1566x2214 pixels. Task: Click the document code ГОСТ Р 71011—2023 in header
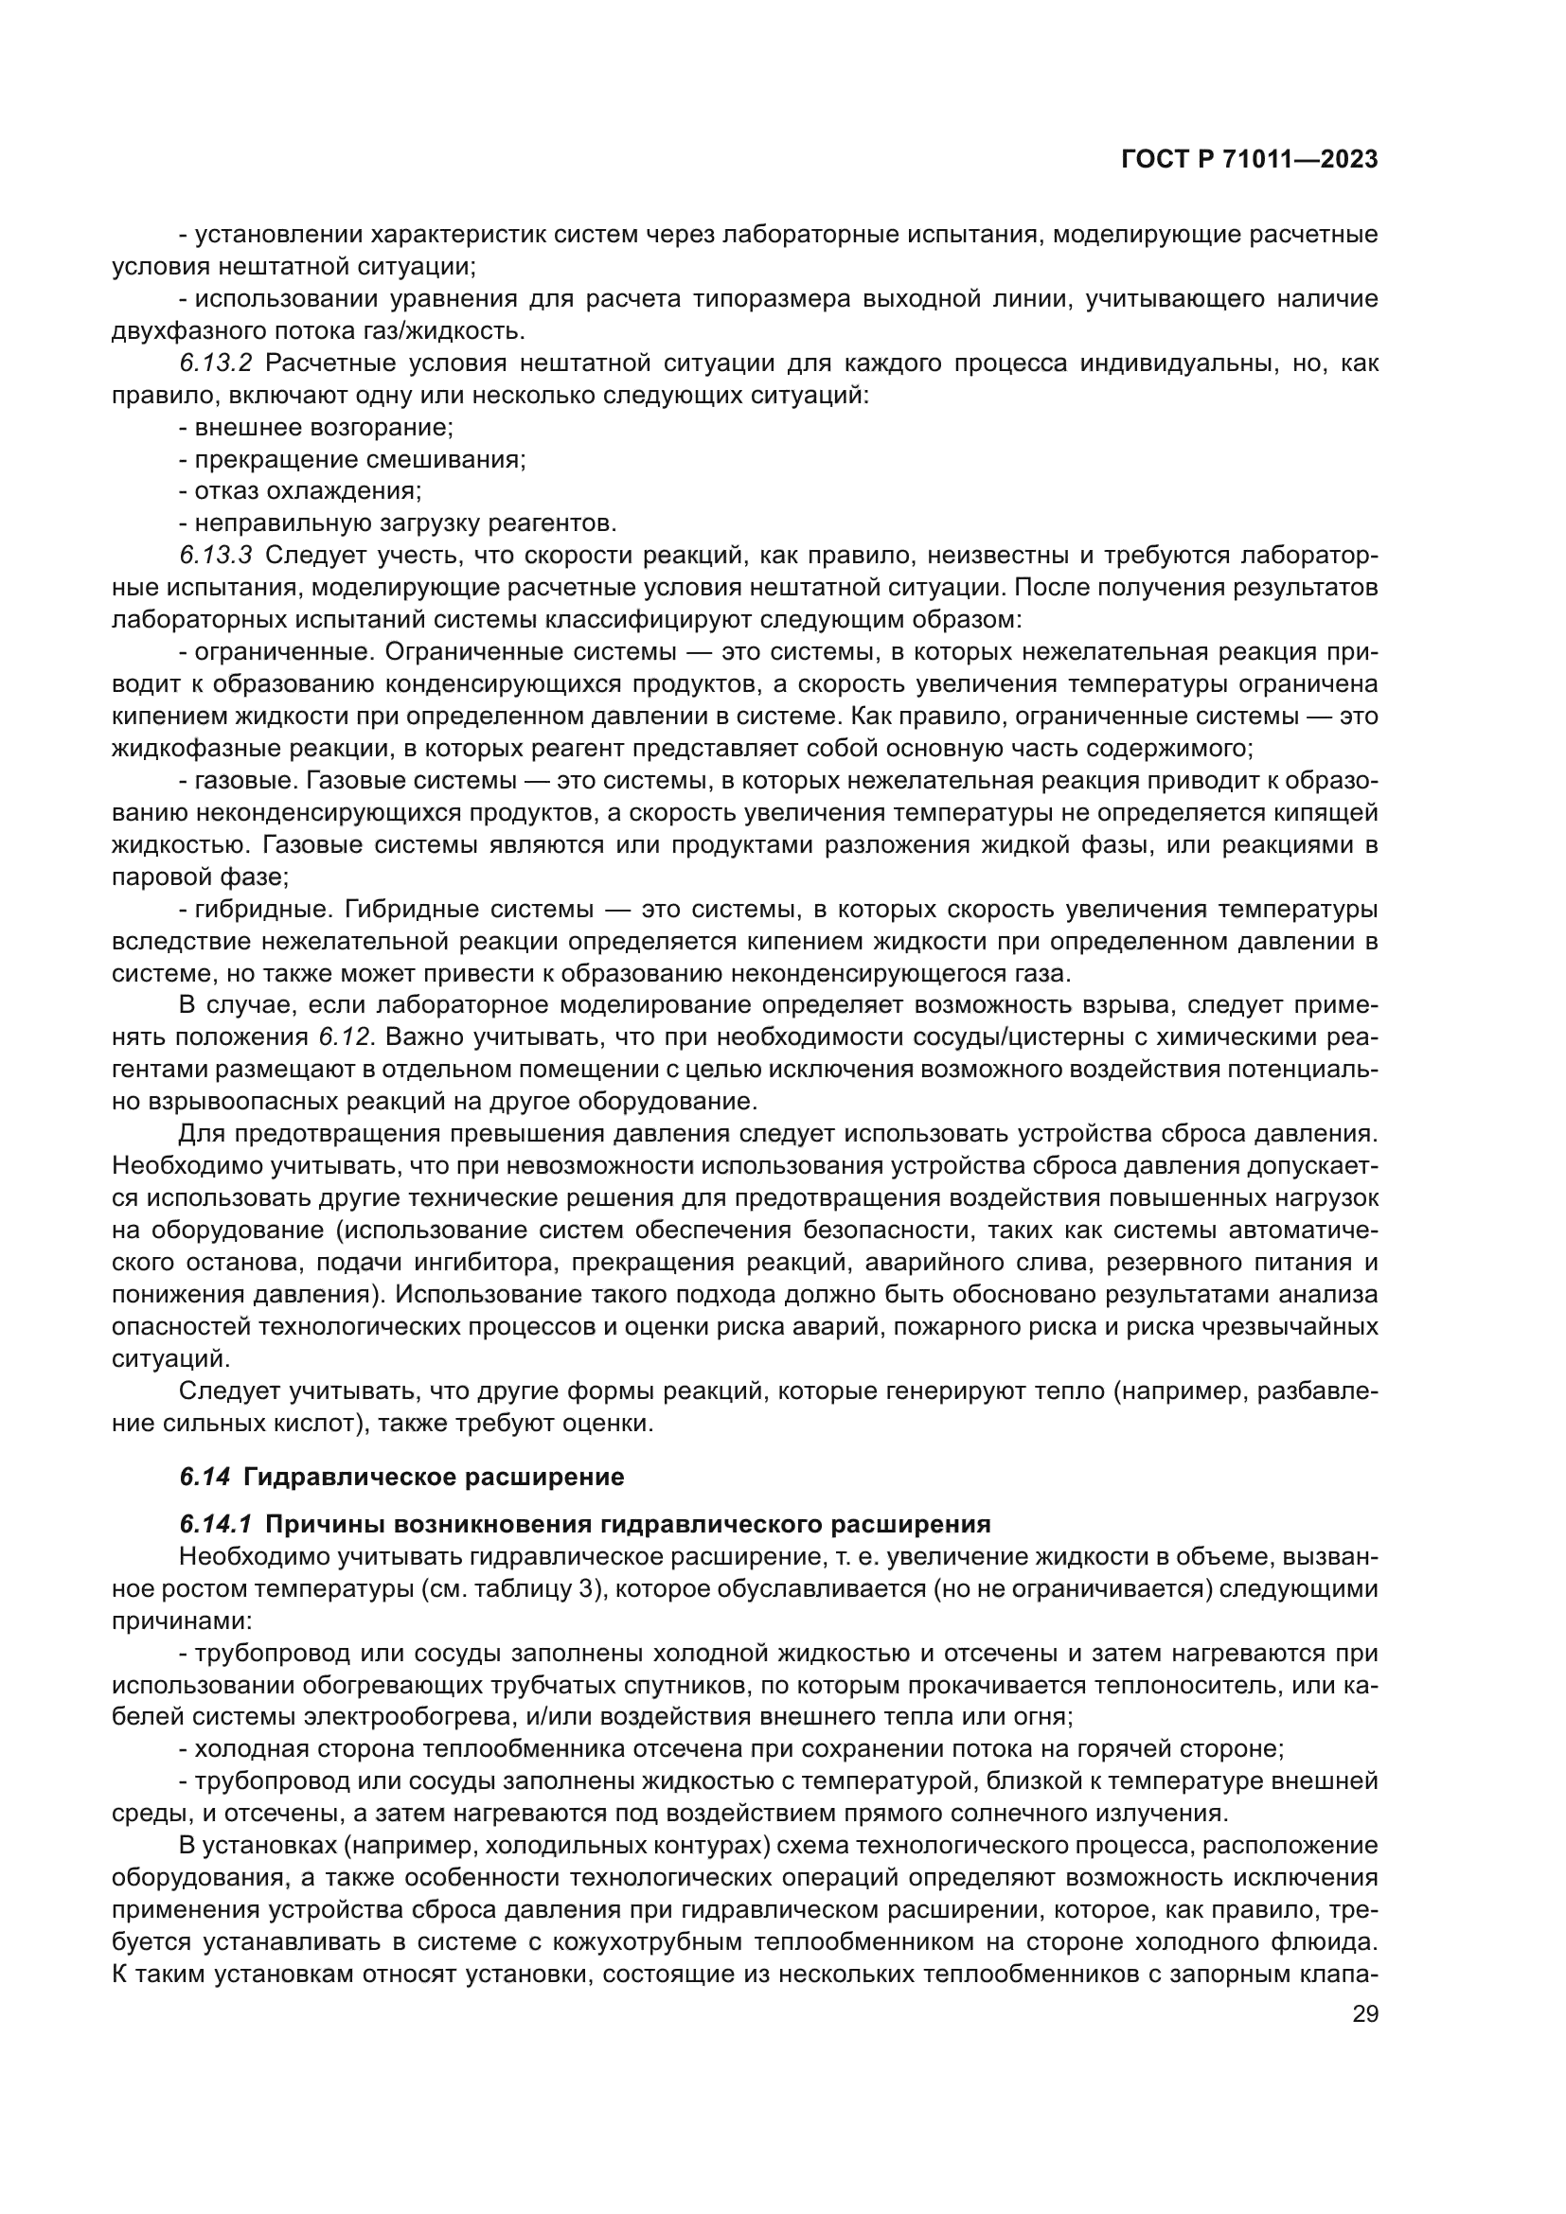pyautogui.click(x=1249, y=160)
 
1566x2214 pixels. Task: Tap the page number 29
pyautogui.click(x=1365, y=2014)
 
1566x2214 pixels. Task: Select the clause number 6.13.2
pyautogui.click(x=215, y=363)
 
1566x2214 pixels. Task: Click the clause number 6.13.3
pyautogui.click(x=215, y=556)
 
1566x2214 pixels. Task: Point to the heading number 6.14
pyautogui.click(x=205, y=1478)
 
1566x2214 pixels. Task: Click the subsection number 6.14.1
pyautogui.click(x=215, y=1525)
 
